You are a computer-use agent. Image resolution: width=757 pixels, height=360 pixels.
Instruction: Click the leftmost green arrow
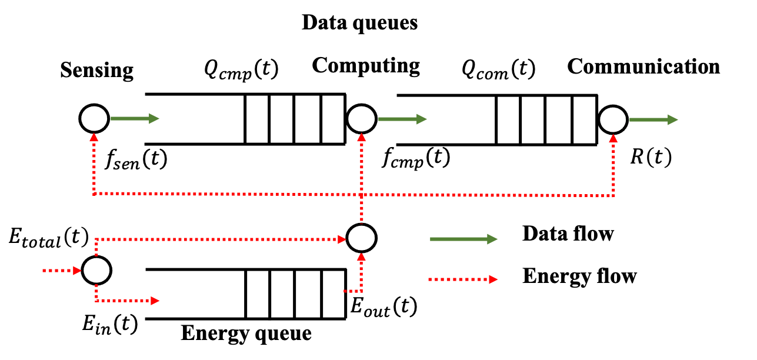(x=134, y=118)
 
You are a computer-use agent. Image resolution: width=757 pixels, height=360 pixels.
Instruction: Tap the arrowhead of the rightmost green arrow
(x=673, y=119)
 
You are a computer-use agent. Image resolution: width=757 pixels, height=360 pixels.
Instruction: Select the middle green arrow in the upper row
(x=402, y=119)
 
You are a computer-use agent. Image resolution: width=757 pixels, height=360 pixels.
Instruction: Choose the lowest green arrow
(x=463, y=239)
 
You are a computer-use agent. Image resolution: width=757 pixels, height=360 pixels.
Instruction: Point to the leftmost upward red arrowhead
(x=94, y=137)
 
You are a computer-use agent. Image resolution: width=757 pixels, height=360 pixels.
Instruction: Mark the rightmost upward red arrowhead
(x=613, y=138)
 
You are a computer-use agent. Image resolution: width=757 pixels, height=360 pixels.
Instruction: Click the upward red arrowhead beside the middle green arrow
(x=362, y=137)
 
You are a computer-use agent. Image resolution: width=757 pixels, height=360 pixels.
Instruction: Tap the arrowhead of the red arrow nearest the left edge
(x=77, y=271)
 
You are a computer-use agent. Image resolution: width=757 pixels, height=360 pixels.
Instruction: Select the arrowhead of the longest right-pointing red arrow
(x=342, y=239)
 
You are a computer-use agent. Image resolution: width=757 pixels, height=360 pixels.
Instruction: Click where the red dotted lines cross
(x=362, y=194)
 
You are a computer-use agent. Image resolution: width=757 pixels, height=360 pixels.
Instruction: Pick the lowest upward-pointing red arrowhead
(x=361, y=257)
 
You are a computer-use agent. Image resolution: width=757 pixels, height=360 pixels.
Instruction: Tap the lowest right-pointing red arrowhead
(x=155, y=301)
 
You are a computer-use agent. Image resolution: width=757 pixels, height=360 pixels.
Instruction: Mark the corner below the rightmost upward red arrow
(x=613, y=195)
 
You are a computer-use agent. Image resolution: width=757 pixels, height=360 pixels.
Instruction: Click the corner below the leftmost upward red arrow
(x=94, y=193)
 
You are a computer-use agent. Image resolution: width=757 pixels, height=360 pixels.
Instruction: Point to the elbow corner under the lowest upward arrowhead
(x=361, y=291)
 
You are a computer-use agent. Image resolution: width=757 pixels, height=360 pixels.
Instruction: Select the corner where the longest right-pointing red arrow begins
(x=96, y=239)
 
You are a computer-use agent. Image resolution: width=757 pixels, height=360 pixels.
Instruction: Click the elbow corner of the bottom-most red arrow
(x=96, y=300)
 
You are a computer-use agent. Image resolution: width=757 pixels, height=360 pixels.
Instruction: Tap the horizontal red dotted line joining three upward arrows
(x=235, y=194)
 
